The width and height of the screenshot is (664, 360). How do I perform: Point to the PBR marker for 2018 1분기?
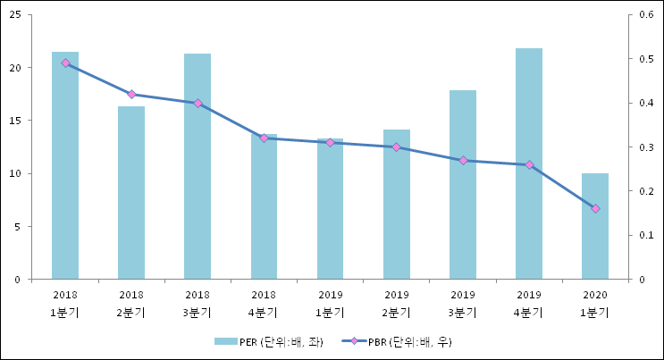65,63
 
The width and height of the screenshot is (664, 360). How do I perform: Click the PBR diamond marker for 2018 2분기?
131,94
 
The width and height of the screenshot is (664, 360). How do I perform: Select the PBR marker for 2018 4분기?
264,138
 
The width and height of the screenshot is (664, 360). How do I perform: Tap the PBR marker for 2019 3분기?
463,161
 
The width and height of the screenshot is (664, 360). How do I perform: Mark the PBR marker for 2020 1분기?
595,208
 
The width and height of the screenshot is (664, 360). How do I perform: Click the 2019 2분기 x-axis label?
397,303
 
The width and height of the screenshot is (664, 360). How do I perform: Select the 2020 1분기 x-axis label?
595,303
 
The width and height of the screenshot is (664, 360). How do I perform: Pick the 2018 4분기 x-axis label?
264,303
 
